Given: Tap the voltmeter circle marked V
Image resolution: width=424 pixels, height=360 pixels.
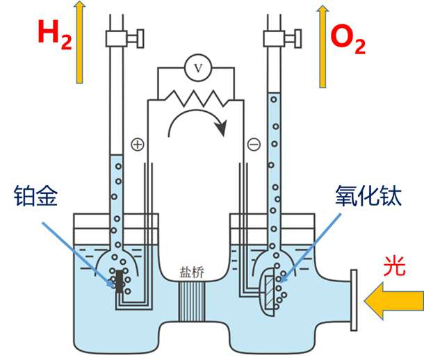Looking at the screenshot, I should click(197, 67).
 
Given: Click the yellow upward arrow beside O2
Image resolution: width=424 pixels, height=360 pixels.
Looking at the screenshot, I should click(321, 45).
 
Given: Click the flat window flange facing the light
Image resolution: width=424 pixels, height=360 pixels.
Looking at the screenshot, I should click(353, 301).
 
